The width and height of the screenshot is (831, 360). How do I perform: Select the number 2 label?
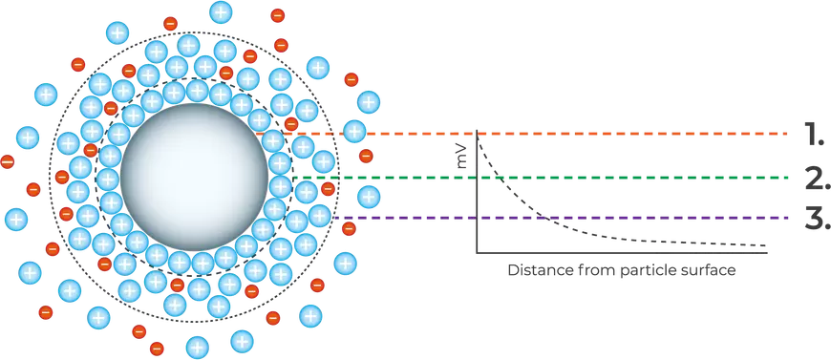coord(813,177)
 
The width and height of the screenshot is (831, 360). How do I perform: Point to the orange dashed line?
coord(621,134)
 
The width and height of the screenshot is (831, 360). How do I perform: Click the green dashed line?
coord(621,177)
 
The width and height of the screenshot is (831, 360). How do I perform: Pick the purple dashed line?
coord(621,219)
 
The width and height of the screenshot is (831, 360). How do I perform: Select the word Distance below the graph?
coord(537,270)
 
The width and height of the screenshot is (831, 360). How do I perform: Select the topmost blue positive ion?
coord(221,12)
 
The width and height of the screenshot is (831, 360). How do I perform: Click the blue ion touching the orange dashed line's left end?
coord(355,132)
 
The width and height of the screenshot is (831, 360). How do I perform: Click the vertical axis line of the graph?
coord(476,191)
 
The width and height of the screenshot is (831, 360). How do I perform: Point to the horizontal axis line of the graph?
coord(621,253)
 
